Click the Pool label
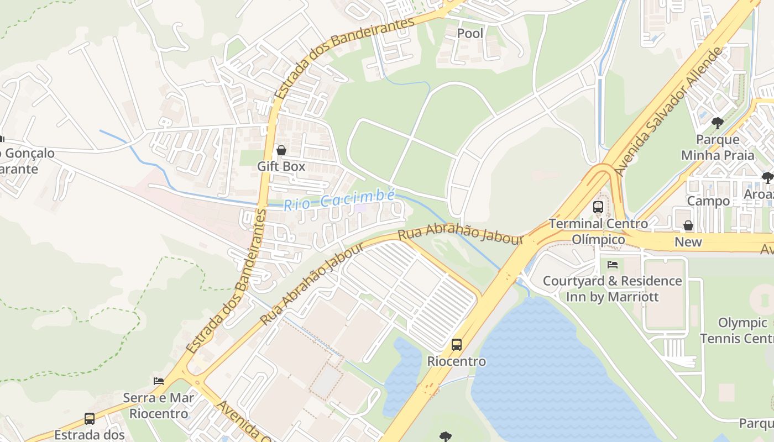pos(470,33)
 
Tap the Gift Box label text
pos(281,166)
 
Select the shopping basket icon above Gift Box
pos(281,150)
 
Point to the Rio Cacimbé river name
pos(339,200)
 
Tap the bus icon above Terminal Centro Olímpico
pos(598,207)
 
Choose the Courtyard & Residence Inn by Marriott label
pos(612,288)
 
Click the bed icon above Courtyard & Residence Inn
pos(612,264)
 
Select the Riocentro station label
pos(457,361)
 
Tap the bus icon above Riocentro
pos(456,344)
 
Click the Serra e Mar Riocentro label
pos(159,406)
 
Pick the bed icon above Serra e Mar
pos(159,381)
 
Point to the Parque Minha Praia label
pos(718,147)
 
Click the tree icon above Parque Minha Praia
pos(718,123)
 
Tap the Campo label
pos(708,201)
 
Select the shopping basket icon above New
pos(688,225)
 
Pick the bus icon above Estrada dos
pos(90,418)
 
